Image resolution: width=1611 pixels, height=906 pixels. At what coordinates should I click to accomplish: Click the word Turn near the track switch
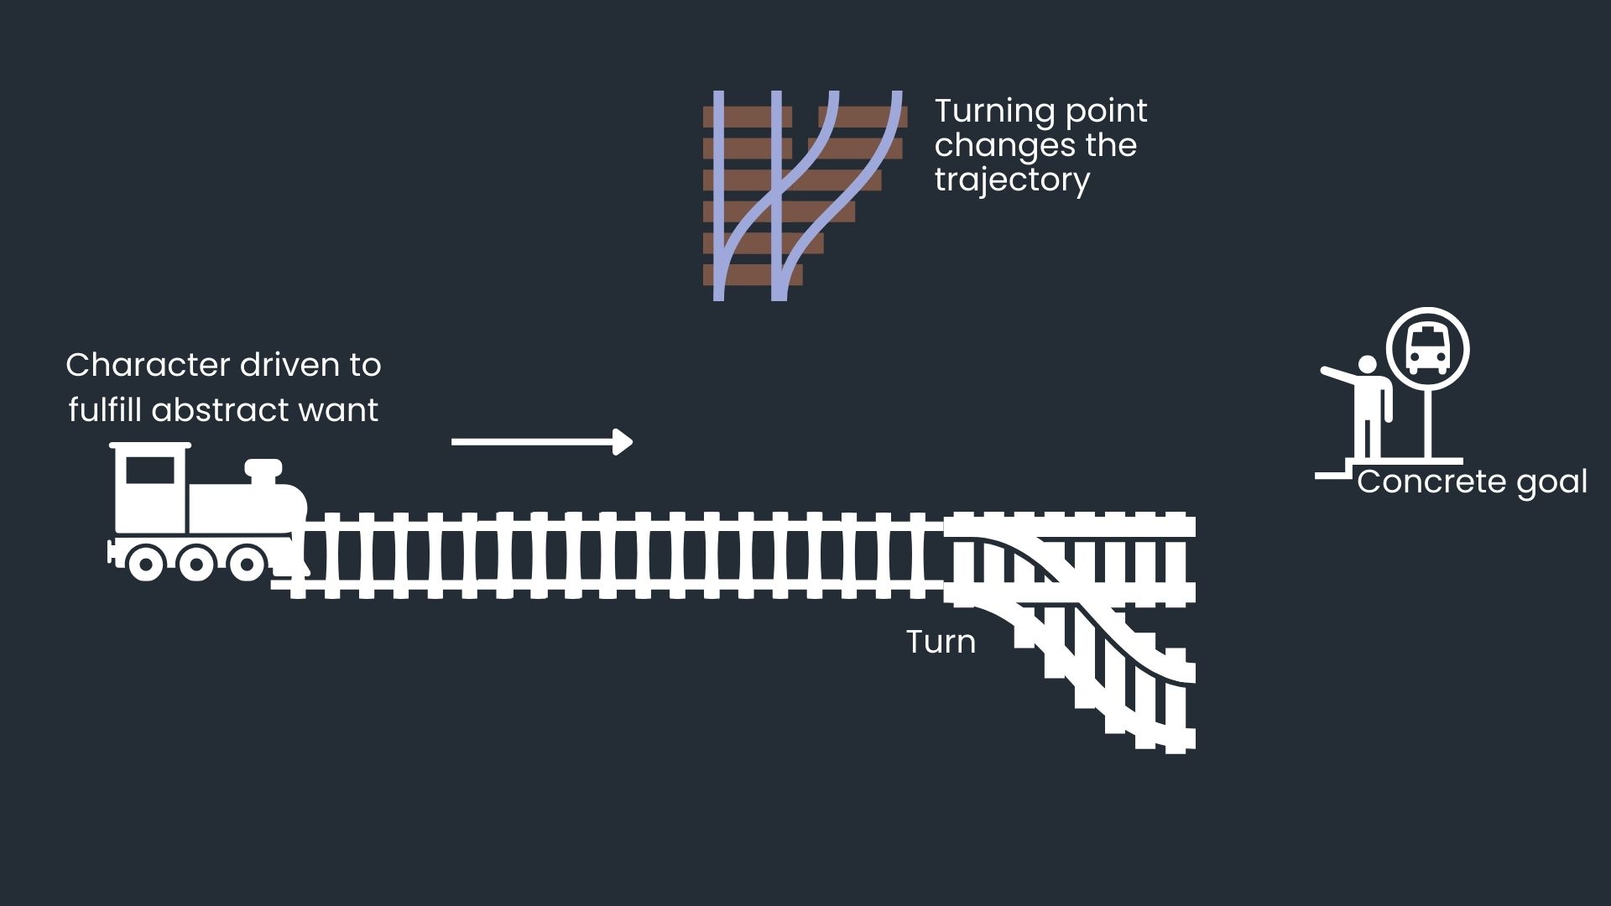[x=941, y=643]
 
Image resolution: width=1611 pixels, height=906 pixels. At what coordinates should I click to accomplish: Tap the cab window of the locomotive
[x=150, y=471]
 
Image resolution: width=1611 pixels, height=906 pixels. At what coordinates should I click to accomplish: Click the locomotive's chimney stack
[x=263, y=470]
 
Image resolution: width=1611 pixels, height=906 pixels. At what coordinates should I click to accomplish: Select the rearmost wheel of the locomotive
[x=145, y=564]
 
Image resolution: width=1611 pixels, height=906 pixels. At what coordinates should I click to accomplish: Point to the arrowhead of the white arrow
[x=623, y=441]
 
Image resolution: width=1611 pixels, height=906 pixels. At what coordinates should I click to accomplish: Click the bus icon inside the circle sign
[x=1427, y=349]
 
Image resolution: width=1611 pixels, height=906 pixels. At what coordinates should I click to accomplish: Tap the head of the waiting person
[x=1368, y=366]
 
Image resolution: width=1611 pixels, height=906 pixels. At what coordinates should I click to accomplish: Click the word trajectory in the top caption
[x=1012, y=180]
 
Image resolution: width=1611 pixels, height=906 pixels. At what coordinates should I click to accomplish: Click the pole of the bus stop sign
[x=1428, y=424]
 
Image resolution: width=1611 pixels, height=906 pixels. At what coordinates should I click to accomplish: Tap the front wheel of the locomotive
[x=247, y=564]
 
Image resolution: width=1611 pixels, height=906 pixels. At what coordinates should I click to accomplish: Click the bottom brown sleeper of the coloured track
[x=753, y=275]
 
